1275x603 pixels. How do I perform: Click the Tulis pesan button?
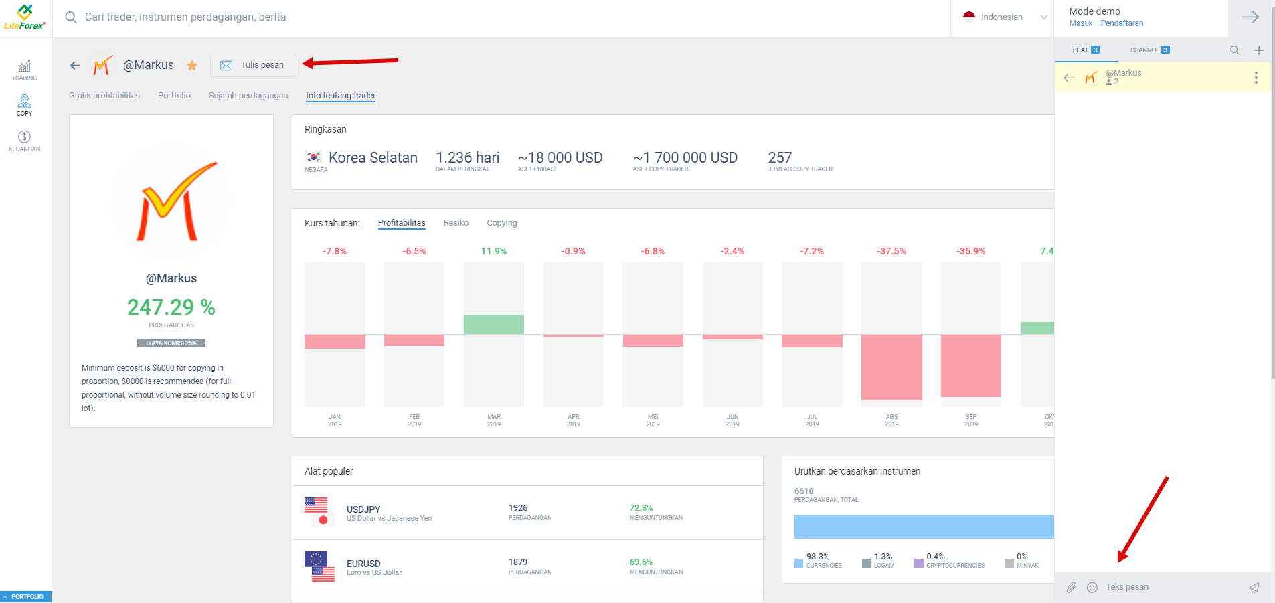click(253, 65)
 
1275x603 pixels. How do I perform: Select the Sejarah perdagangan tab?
click(248, 96)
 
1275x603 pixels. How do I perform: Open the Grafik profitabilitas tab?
click(104, 96)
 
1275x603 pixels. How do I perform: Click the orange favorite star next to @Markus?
click(192, 66)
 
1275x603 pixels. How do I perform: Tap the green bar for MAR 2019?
click(493, 325)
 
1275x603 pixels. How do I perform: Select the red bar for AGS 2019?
click(891, 367)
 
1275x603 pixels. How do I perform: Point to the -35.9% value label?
click(970, 252)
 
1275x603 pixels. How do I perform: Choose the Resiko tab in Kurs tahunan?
click(456, 223)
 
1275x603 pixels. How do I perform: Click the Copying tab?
click(501, 223)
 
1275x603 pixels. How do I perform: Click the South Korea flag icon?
click(313, 157)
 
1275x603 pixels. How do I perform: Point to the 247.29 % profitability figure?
click(171, 307)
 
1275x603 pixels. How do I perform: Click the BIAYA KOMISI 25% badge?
click(171, 343)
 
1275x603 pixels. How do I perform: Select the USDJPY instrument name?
click(363, 509)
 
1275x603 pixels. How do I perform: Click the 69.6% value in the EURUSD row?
click(641, 562)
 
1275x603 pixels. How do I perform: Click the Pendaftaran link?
click(1122, 23)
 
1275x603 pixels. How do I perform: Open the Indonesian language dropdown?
click(1004, 17)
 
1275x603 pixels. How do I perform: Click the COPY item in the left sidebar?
click(25, 105)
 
